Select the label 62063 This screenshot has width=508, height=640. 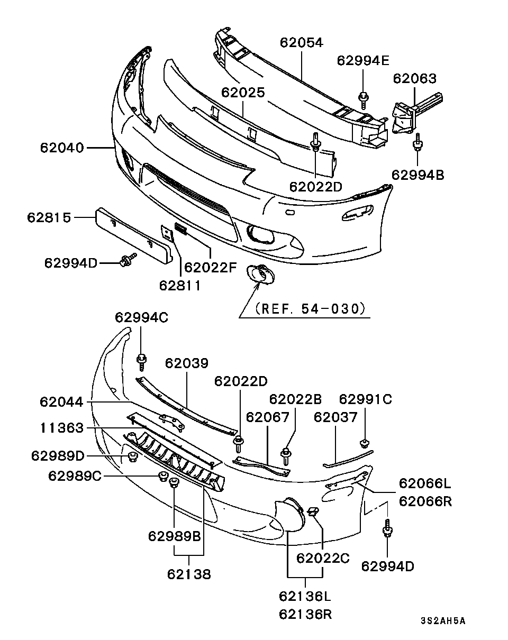tap(415, 79)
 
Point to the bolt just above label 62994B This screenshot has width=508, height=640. tap(417, 143)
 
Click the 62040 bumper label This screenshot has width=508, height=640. tap(61, 148)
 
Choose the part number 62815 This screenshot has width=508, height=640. tap(49, 217)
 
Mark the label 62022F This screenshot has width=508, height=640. tap(210, 267)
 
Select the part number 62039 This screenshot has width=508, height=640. tap(186, 363)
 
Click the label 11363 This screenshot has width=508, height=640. tap(61, 428)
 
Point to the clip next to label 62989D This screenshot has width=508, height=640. tap(132, 456)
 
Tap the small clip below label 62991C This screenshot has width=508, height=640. tap(365, 442)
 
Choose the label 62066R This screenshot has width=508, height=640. tap(425, 500)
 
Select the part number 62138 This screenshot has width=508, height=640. tap(189, 574)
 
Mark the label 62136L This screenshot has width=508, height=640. tap(305, 597)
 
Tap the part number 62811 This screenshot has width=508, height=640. tap(180, 286)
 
